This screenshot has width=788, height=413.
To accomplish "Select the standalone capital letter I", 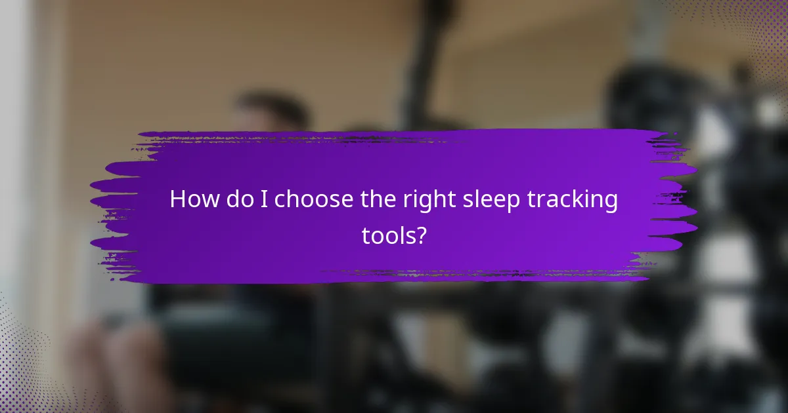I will click(x=265, y=200).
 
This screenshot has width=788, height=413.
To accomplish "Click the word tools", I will click(x=387, y=236).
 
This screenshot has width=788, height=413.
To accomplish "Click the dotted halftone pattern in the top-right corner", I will click(x=755, y=26).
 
